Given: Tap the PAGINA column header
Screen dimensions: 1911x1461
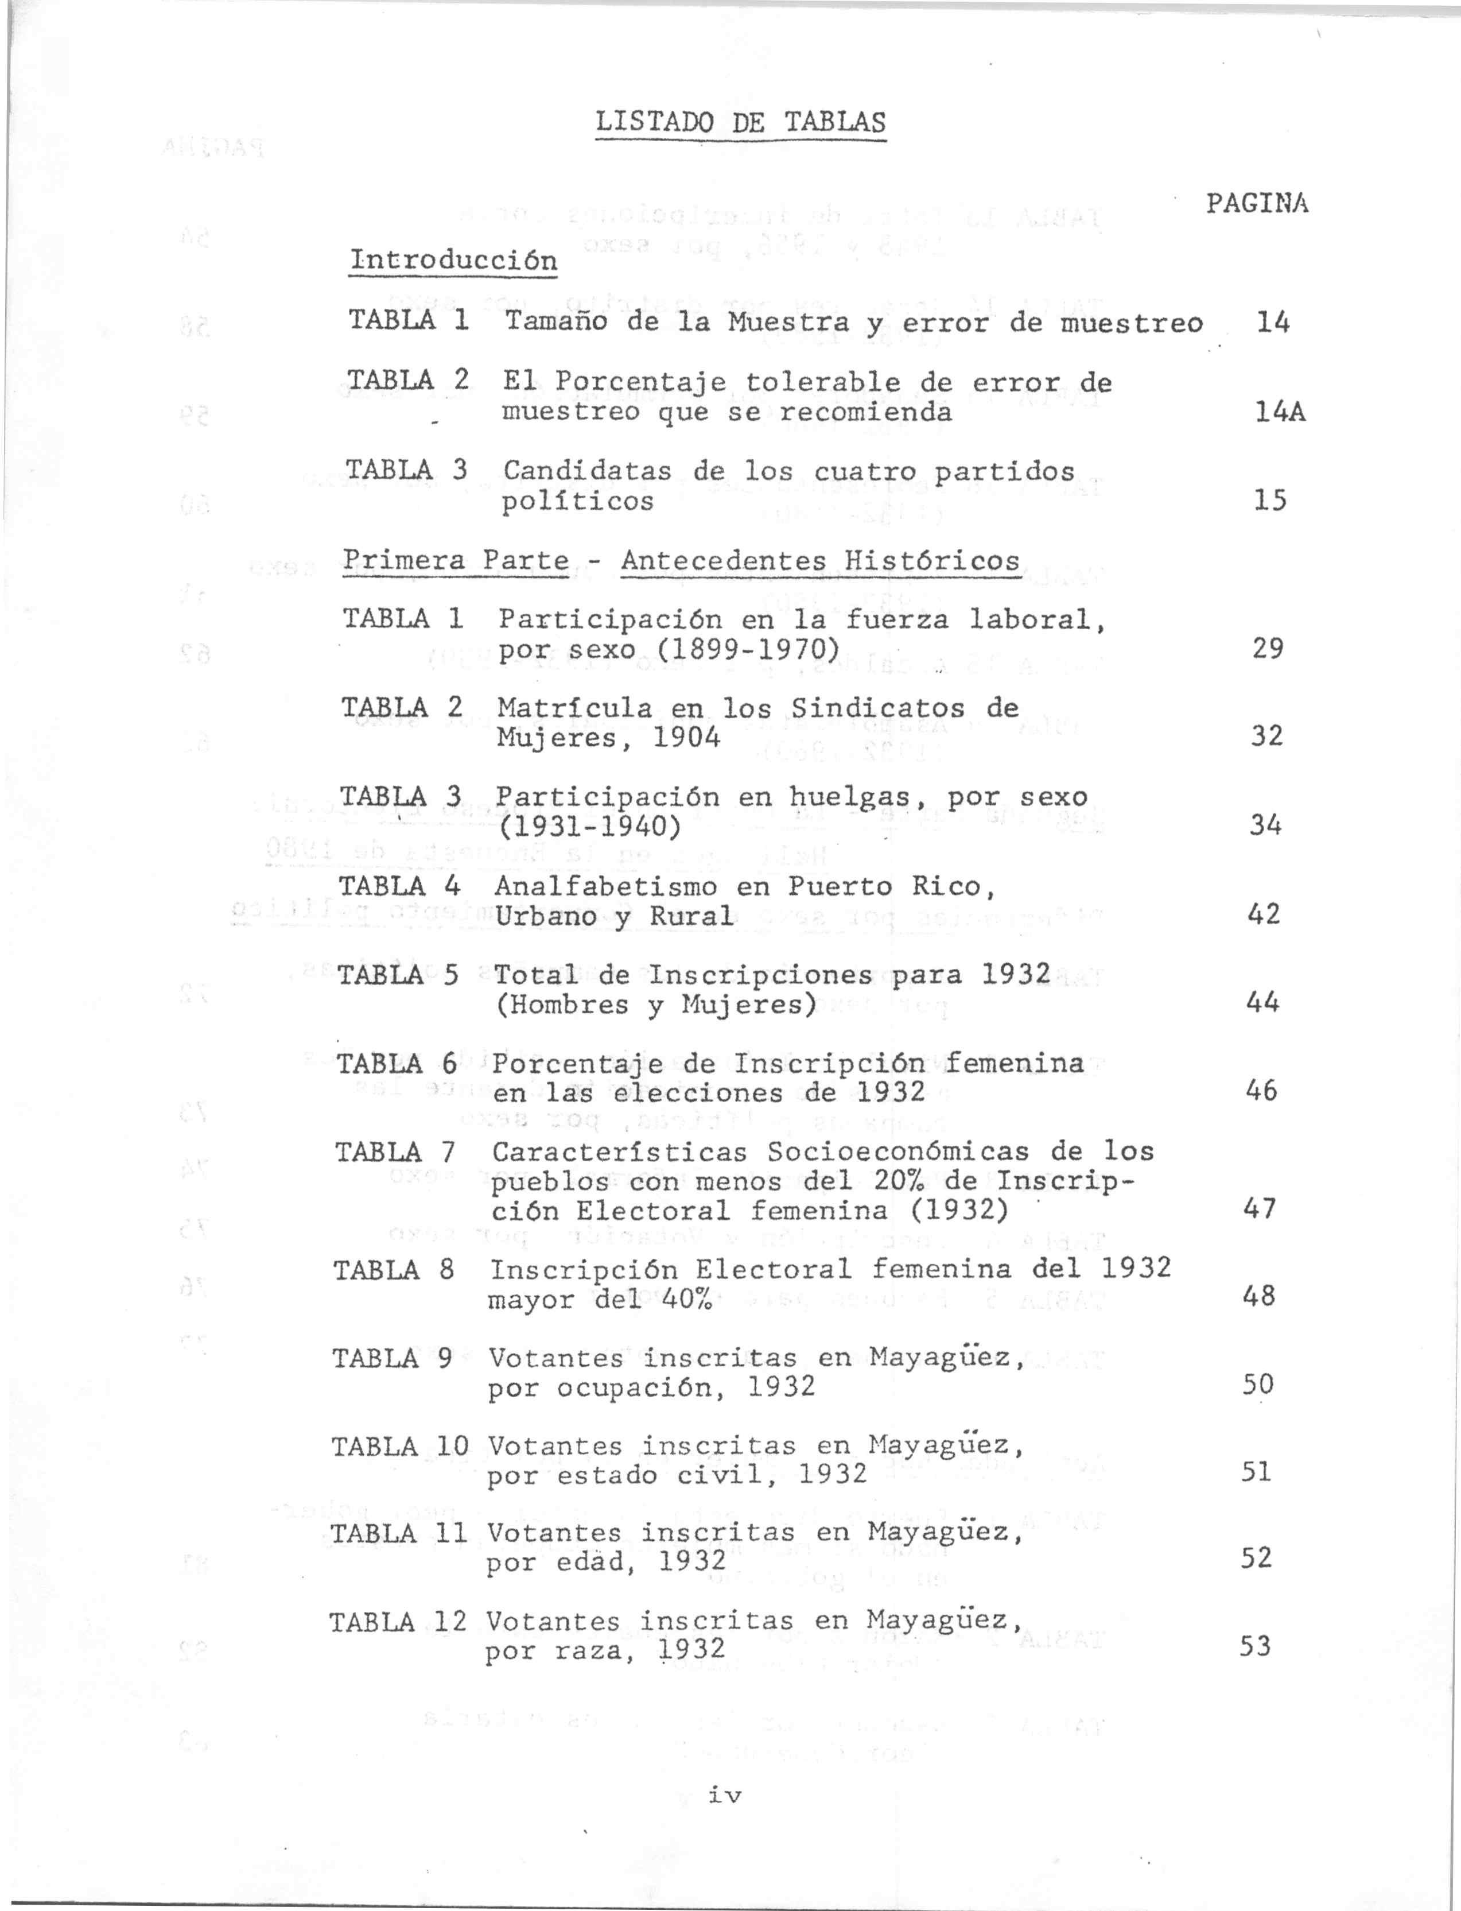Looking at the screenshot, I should pyautogui.click(x=1257, y=204).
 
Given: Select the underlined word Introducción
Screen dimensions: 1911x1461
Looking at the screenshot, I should pyautogui.click(x=452, y=260).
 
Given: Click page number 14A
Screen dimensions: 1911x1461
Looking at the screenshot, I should pyautogui.click(x=1280, y=412).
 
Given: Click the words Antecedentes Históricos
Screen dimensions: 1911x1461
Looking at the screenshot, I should pyautogui.click(x=820, y=560).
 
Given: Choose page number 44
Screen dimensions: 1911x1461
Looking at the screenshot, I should pyautogui.click(x=1262, y=1003).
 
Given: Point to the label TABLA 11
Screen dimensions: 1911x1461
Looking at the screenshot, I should pyautogui.click(x=399, y=1533).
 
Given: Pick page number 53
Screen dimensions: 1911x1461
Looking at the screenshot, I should pyautogui.click(x=1256, y=1646).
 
